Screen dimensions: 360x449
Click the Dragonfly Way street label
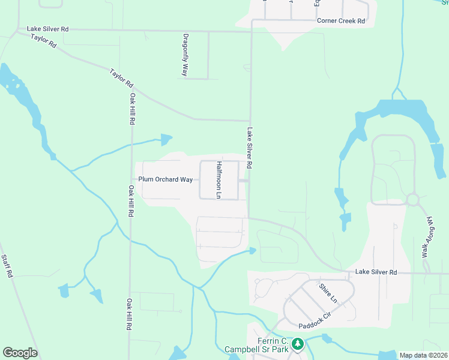(185, 54)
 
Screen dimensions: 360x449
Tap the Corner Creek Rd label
(341, 21)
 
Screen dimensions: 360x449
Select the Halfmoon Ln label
(219, 180)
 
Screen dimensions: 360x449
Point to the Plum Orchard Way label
(166, 179)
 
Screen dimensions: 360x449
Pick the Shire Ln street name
(328, 293)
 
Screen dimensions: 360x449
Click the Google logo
(20, 353)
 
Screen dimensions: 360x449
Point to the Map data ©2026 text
(423, 355)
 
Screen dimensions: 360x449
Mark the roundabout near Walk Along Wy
(412, 199)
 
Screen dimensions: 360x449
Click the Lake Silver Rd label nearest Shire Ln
(376, 272)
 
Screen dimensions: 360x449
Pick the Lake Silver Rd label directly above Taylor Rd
(48, 28)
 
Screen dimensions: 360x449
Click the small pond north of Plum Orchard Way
(166, 140)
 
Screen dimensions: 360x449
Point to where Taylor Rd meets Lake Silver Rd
(250, 120)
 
